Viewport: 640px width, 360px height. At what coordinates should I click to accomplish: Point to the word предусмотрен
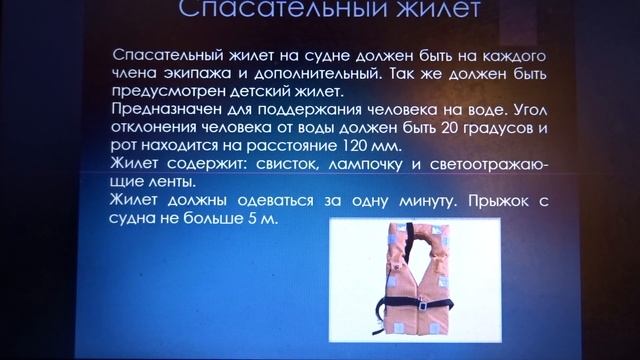point(169,91)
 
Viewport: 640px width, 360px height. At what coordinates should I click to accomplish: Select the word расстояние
point(320,145)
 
